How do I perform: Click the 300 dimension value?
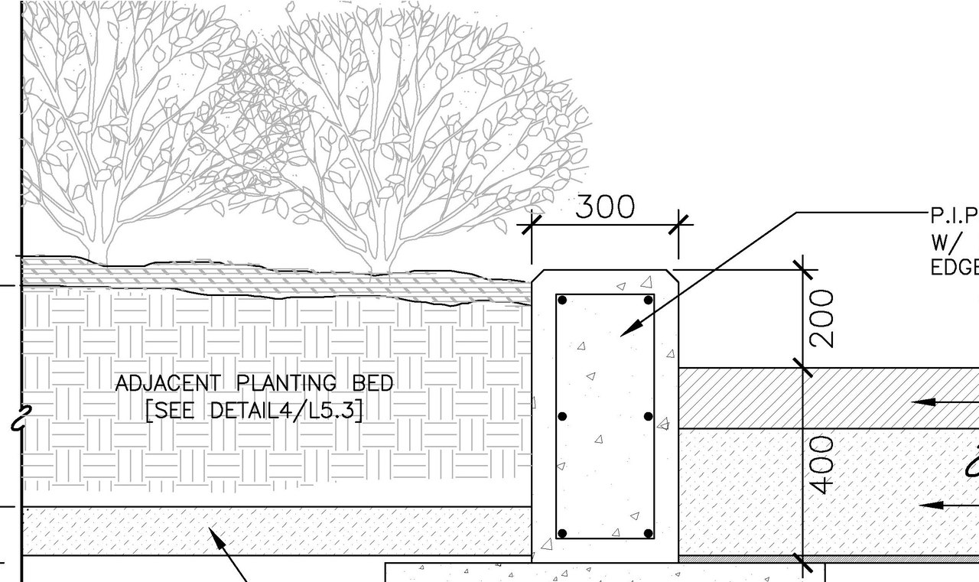coord(604,206)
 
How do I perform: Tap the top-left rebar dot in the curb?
coord(562,300)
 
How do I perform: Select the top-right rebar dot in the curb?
coord(648,300)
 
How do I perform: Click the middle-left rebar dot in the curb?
coord(562,417)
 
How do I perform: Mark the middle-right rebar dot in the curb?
coord(648,417)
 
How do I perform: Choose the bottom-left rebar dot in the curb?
coord(562,533)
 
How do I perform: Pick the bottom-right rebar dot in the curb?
coord(648,533)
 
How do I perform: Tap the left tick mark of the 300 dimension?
coord(531,225)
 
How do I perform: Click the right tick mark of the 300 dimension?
coord(678,225)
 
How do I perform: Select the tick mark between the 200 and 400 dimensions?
coord(803,368)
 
